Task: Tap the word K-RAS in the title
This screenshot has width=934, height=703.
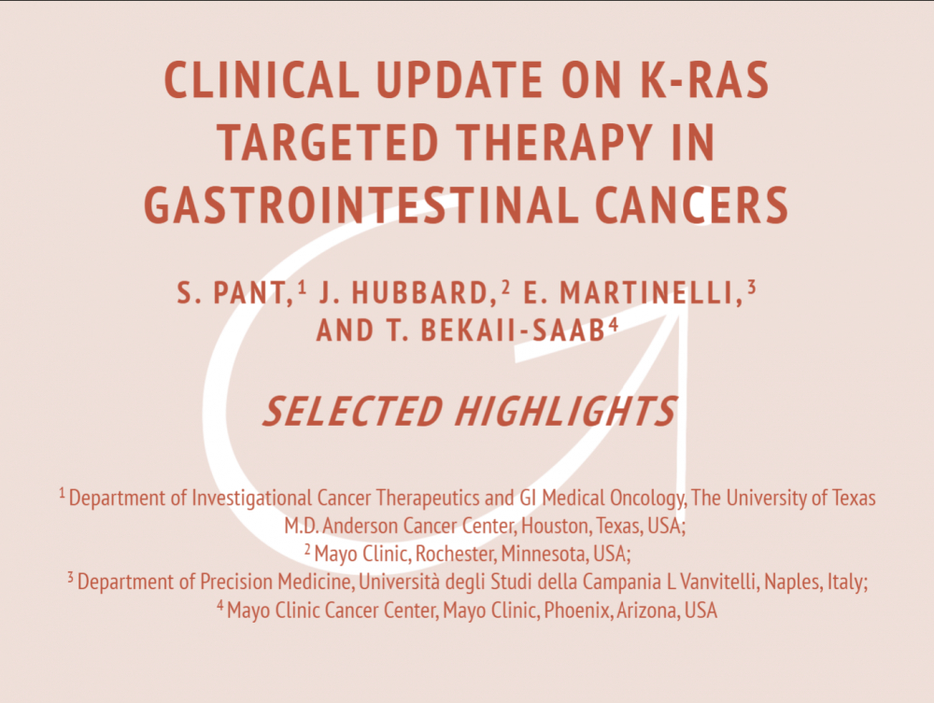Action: click(704, 79)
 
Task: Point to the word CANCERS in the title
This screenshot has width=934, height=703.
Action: click(691, 205)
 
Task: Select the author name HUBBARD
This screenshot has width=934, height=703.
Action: click(420, 293)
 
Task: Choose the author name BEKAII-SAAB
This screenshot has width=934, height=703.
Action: click(513, 330)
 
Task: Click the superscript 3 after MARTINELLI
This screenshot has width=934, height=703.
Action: click(751, 287)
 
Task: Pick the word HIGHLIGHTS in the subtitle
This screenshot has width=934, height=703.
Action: click(566, 412)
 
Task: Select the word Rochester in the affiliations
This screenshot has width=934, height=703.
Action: click(455, 555)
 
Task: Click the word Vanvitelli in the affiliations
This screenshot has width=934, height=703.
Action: click(719, 583)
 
